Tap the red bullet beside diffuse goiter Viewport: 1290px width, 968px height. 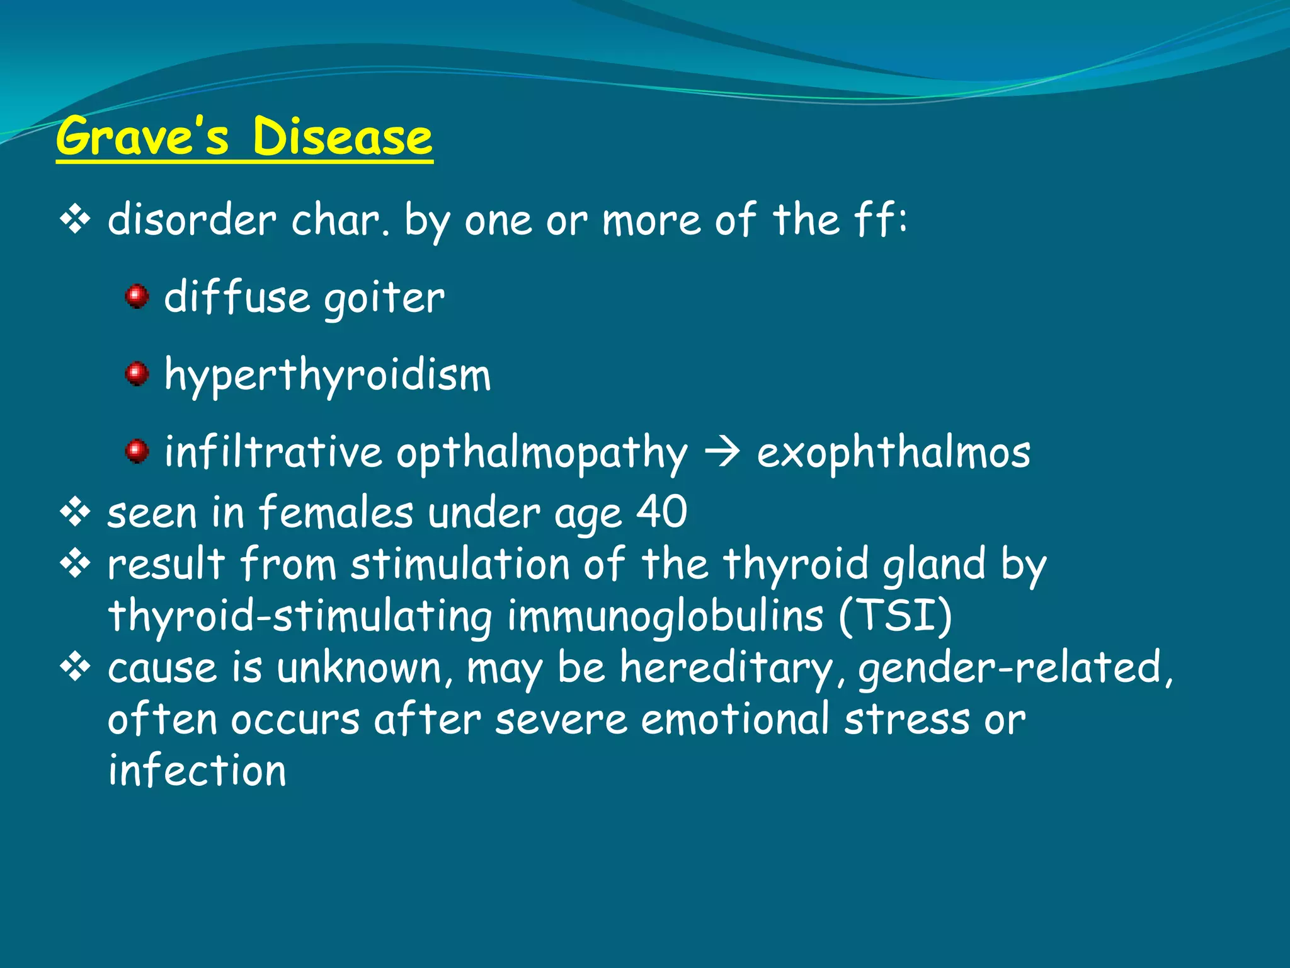[x=137, y=296]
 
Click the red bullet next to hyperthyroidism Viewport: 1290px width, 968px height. [x=137, y=373]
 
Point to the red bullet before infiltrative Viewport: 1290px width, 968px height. [x=137, y=451]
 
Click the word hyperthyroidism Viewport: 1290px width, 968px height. [x=327, y=376]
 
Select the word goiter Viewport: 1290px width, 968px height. [x=384, y=298]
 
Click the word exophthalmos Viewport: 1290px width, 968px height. [x=893, y=452]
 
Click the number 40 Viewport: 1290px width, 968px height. [x=661, y=511]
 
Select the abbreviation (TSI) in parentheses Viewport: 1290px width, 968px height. [x=895, y=614]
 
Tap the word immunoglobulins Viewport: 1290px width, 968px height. [x=665, y=616]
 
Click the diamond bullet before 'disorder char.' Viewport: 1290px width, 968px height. [x=75, y=220]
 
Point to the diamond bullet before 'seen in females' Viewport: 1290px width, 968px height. [x=75, y=512]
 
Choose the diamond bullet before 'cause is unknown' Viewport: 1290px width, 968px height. [x=75, y=667]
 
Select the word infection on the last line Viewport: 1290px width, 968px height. [x=197, y=770]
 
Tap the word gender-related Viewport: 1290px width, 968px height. [x=1015, y=668]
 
